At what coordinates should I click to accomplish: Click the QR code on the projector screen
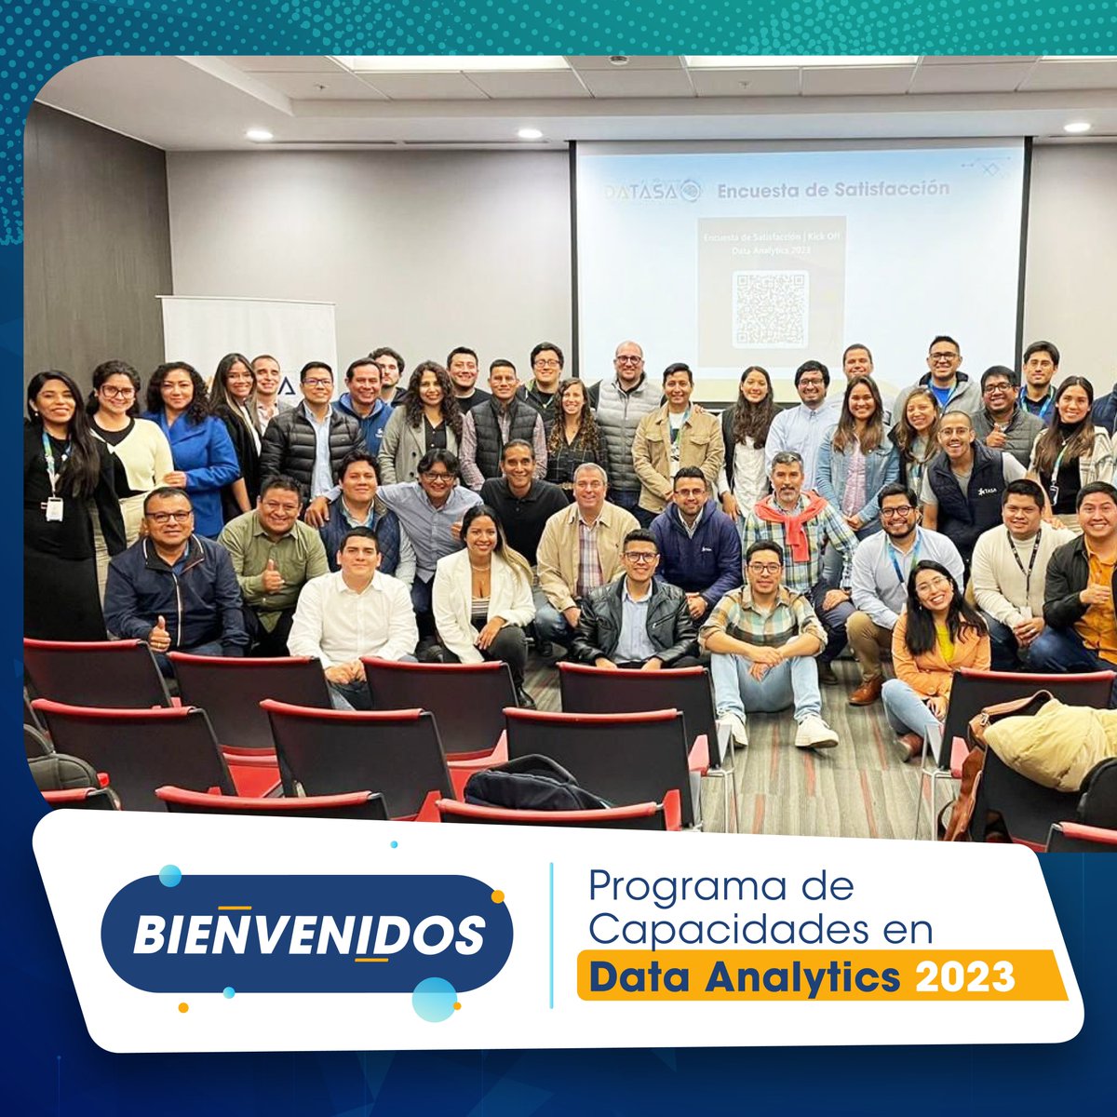tap(770, 308)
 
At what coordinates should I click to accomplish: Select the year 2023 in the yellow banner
tap(965, 977)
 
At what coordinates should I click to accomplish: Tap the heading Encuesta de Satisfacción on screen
tap(832, 189)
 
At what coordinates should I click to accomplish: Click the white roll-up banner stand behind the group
tap(249, 335)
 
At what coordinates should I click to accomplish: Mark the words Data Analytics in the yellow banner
tap(745, 977)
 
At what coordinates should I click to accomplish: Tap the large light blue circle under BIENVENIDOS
tap(434, 999)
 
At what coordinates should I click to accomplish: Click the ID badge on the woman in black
tap(55, 508)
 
